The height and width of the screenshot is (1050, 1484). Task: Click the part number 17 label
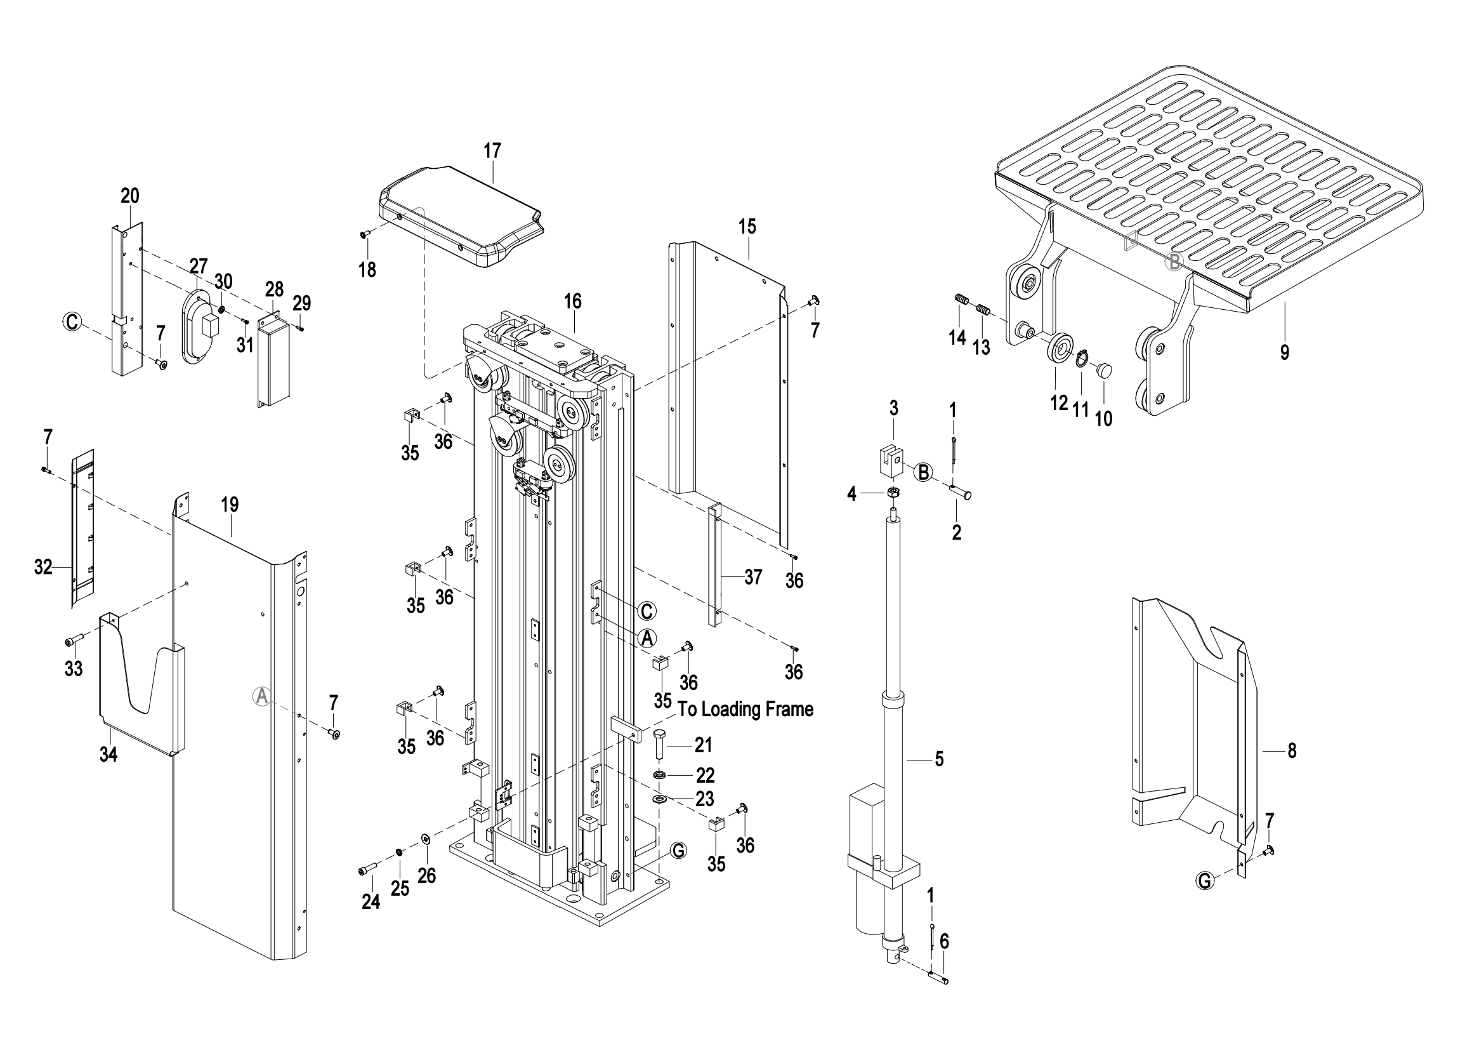(492, 150)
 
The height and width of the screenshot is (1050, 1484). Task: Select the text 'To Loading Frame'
(745, 709)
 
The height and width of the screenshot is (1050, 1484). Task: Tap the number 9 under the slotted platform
(1284, 352)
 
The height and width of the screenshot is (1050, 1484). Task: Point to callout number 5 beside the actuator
(939, 759)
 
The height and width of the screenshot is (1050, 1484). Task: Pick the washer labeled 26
(426, 839)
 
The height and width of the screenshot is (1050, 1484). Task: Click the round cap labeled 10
(1103, 371)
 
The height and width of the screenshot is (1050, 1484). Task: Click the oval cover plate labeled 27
(199, 326)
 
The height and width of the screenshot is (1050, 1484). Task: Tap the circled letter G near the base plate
(678, 851)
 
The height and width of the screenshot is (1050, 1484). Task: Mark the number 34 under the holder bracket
(108, 755)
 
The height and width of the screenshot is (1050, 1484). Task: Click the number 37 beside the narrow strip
(752, 576)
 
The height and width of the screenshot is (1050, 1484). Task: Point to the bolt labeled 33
(74, 641)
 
